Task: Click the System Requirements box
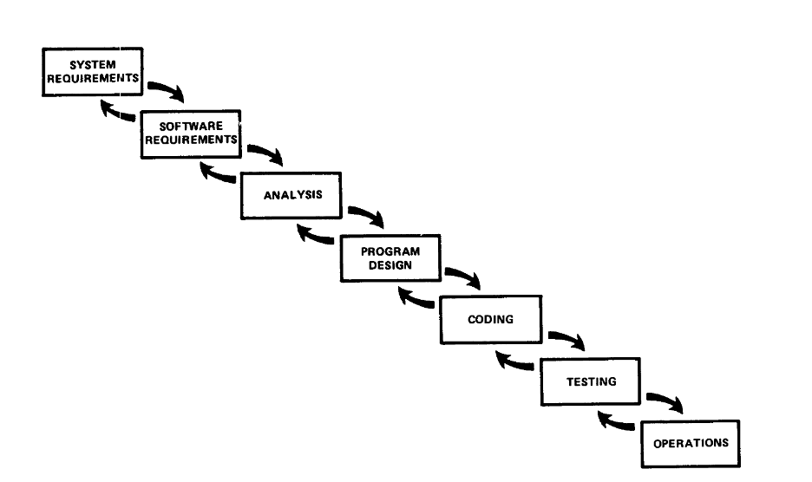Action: pos(92,71)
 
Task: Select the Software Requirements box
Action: pos(191,133)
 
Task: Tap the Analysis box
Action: pos(292,195)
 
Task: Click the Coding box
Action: pos(490,319)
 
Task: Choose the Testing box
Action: pos(591,381)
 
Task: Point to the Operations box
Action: pos(691,443)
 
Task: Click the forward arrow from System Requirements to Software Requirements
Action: pos(167,90)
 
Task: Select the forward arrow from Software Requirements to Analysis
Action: pos(266,153)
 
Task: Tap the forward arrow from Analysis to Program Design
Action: pos(367,215)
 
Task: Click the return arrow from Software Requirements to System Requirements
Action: pos(118,112)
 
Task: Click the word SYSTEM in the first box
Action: pos(92,64)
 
